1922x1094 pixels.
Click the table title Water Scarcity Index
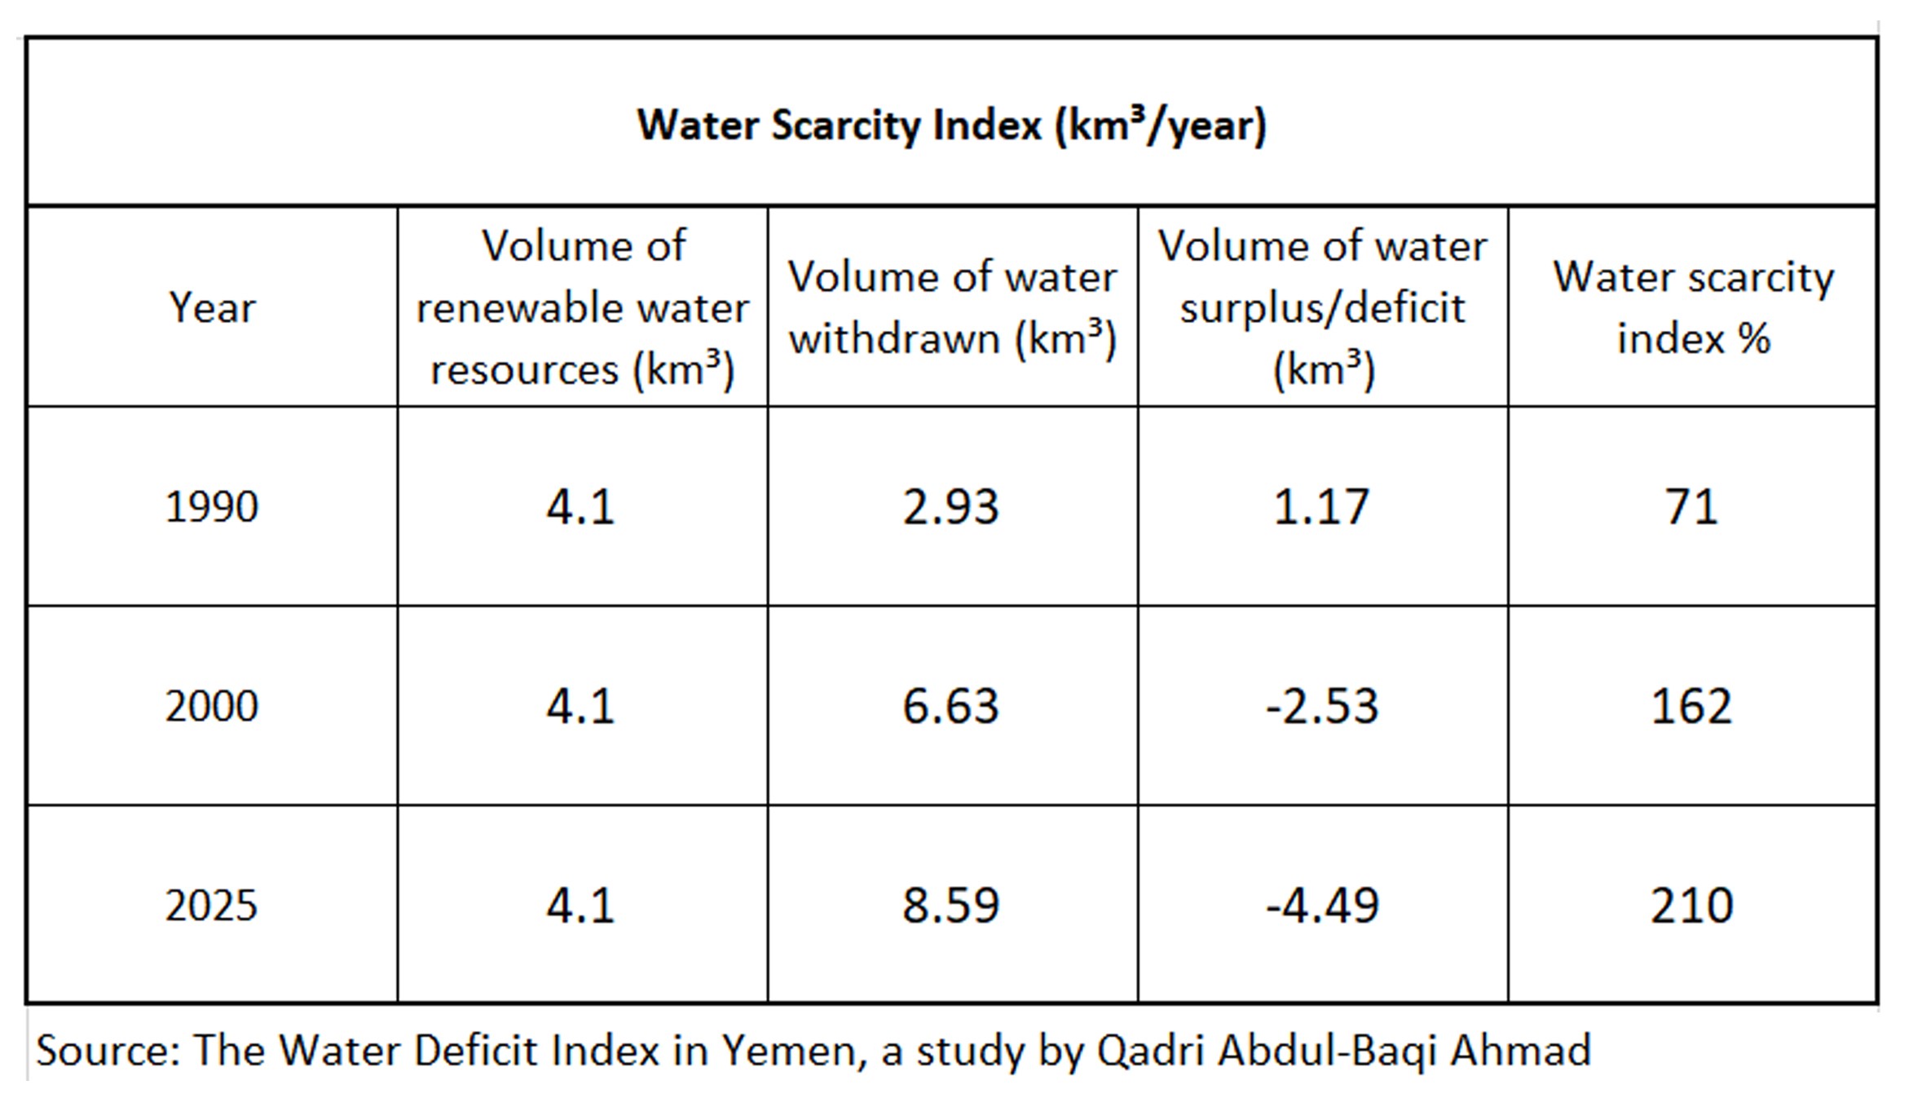tap(951, 126)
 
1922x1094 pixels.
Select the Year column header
tap(212, 308)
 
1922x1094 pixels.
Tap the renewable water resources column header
tap(582, 308)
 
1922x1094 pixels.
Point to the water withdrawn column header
tap(952, 308)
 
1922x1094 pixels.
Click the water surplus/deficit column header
tap(1322, 308)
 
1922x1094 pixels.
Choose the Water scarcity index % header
tap(1693, 308)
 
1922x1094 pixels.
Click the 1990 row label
tap(212, 506)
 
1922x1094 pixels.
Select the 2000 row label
tap(212, 706)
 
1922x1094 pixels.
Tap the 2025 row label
tap(212, 905)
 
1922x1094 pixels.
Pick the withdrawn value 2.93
tap(950, 506)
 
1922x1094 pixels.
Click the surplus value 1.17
tap(1320, 506)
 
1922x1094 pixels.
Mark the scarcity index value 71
tap(1691, 506)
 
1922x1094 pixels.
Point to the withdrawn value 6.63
tap(950, 706)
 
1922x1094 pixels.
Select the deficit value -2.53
tap(1321, 706)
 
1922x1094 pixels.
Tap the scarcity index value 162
tap(1691, 706)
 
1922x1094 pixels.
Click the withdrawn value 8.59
tap(950, 905)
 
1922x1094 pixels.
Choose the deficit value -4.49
tap(1321, 905)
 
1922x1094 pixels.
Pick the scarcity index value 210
tap(1691, 905)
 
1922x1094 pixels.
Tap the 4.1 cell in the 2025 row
tap(580, 905)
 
